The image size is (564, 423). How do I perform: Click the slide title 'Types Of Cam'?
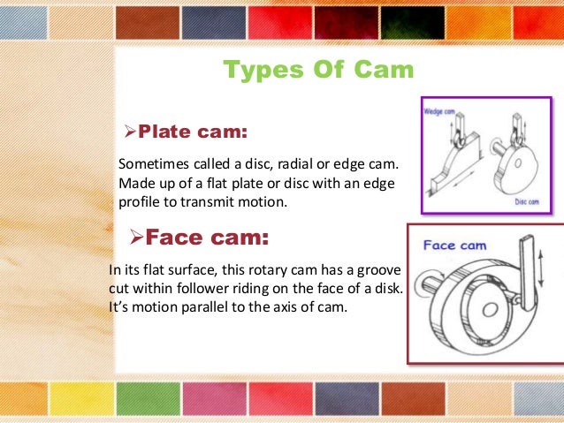[x=317, y=70]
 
